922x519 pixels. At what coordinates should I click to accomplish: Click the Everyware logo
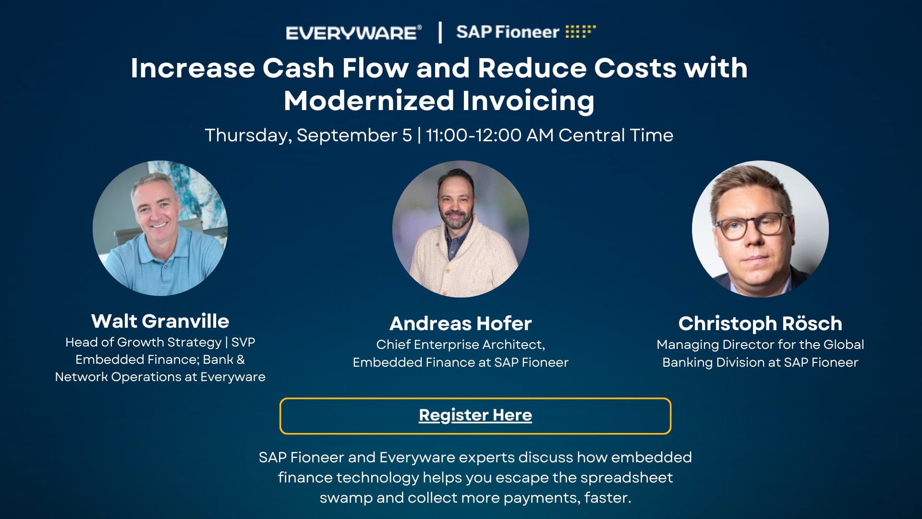[x=353, y=33]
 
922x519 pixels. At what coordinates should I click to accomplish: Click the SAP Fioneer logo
[x=525, y=32]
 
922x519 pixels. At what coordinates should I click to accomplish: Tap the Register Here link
[x=475, y=415]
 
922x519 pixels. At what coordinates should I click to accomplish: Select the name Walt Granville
[x=160, y=321]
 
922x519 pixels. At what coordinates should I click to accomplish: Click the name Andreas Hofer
[x=461, y=323]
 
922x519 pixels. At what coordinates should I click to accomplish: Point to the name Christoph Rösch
[x=760, y=323]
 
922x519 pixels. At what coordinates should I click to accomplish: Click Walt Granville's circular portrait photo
[x=160, y=228]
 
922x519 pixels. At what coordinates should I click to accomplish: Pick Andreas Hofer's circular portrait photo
[x=461, y=229]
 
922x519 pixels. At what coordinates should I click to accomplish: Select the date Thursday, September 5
[x=308, y=136]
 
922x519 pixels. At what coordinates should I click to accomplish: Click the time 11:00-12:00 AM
[x=489, y=136]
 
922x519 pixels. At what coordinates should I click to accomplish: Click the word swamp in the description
[x=346, y=498]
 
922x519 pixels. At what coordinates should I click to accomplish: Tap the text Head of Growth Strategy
[x=143, y=342]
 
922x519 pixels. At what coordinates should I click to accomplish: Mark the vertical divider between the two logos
[x=440, y=33]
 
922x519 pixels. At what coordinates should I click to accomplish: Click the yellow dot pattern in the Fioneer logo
[x=580, y=31]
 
